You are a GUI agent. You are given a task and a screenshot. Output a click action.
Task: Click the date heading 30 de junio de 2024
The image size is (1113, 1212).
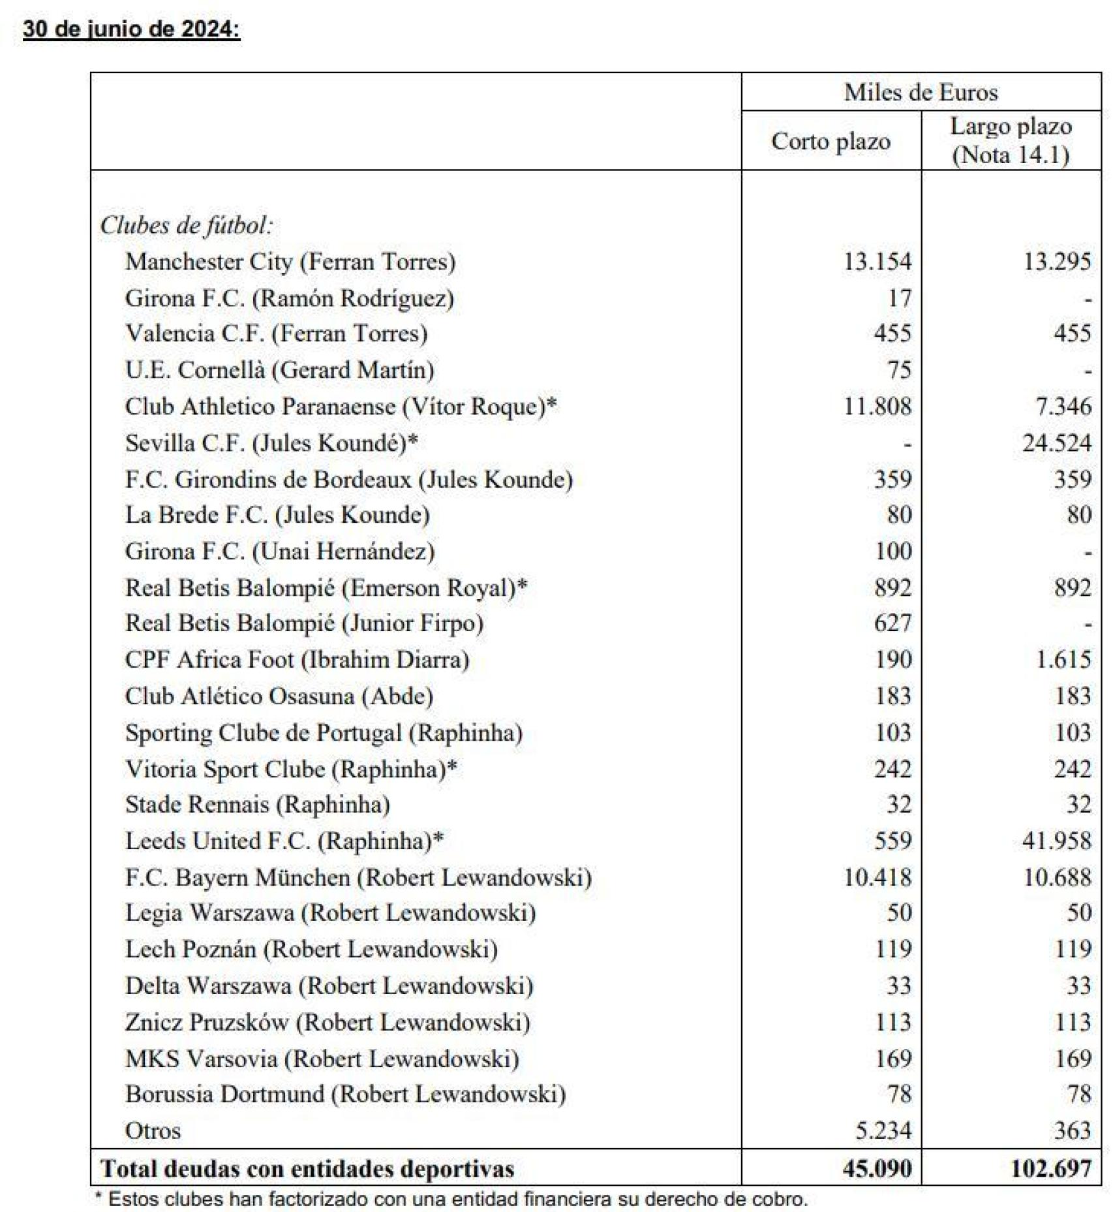point(131,30)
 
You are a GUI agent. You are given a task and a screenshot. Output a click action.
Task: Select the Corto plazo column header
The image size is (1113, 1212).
point(831,141)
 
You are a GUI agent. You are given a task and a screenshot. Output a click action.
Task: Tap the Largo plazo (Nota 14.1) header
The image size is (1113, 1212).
point(1011,140)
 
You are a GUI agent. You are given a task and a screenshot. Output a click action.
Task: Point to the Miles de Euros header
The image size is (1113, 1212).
point(921,92)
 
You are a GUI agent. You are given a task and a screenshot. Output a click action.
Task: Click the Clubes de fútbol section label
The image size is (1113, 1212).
point(186,225)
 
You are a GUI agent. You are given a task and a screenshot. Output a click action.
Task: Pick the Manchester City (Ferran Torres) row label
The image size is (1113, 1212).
point(290,262)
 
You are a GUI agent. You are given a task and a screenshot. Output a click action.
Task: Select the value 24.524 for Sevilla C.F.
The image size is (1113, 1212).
point(1056,443)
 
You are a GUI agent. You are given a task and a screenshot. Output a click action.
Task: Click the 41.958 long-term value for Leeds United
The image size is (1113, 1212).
point(1056,841)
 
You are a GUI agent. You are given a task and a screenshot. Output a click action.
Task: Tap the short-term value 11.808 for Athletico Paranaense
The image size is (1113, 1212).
point(877,407)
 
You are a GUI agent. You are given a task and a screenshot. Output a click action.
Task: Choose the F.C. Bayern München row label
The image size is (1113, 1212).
point(358,877)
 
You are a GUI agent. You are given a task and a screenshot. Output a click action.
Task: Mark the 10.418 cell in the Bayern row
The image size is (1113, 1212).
point(877,877)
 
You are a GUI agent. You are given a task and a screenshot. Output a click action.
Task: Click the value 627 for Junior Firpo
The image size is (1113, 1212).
point(892,623)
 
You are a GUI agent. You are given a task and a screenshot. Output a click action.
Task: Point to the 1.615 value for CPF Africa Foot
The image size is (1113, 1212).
point(1063,659)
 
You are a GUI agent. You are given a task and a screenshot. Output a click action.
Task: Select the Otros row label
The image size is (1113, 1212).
point(153,1130)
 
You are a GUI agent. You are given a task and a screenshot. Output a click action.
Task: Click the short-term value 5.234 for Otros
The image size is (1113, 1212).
point(883,1130)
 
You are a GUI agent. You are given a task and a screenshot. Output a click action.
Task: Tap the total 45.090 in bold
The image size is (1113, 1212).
point(877,1168)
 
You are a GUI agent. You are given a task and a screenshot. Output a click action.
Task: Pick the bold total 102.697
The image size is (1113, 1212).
point(1051,1168)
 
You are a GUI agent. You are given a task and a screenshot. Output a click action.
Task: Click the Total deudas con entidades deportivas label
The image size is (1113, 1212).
point(307,1168)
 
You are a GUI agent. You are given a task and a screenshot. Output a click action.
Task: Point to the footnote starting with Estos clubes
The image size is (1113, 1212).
point(451,1199)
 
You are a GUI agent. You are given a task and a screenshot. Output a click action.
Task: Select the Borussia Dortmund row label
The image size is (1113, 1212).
point(345,1094)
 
